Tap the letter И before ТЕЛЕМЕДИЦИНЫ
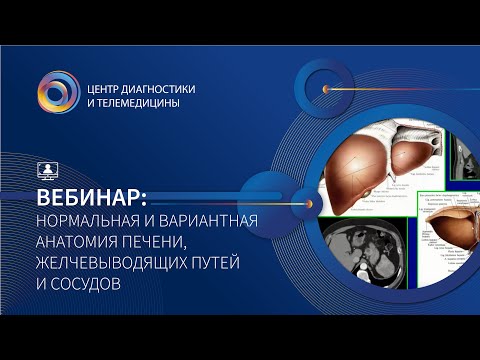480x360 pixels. pyautogui.click(x=94, y=103)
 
